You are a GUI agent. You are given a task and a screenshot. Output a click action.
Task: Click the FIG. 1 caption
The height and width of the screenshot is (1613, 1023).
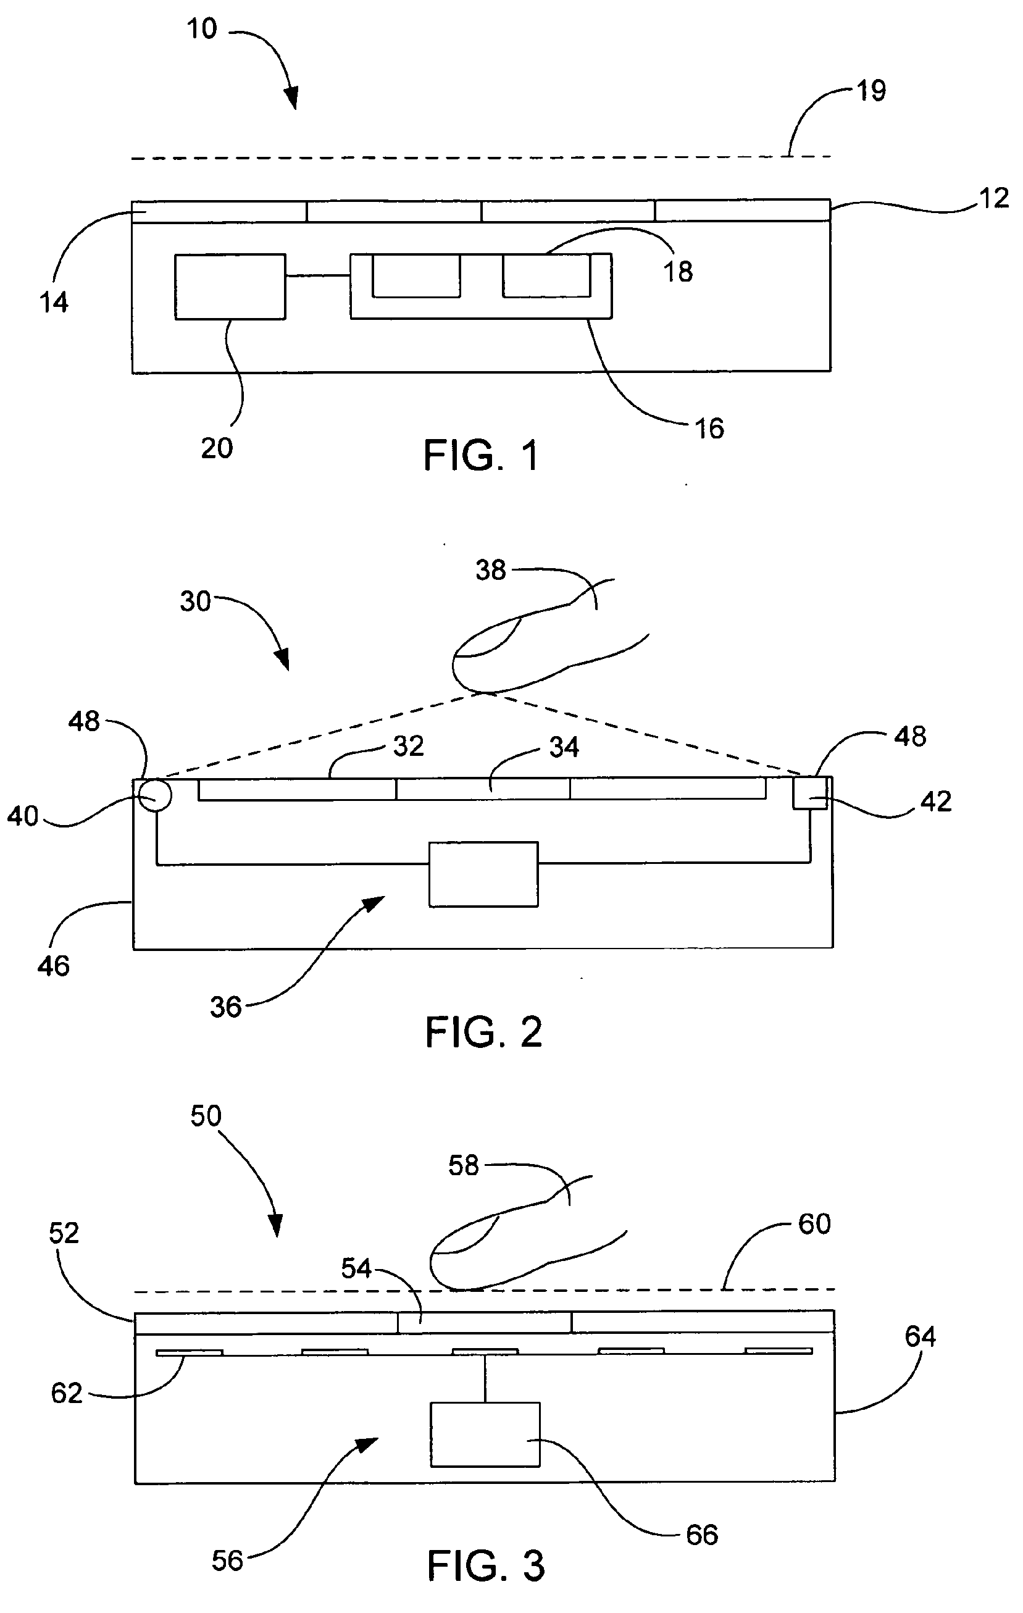tap(482, 456)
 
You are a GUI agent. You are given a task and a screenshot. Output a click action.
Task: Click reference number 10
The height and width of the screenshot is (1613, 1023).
tap(201, 29)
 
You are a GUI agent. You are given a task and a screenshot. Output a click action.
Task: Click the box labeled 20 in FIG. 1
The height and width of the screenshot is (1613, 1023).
tap(230, 287)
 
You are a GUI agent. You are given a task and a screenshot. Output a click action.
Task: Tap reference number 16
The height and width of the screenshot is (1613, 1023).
tap(709, 429)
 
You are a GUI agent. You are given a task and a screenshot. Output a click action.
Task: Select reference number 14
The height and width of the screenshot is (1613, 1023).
tap(54, 303)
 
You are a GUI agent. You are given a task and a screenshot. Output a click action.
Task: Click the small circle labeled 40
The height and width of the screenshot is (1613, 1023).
tap(156, 796)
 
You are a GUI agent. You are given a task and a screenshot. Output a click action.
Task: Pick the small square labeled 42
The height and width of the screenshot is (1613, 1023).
tap(810, 793)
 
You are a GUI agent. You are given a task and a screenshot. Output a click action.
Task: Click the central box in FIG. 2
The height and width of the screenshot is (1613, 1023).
tap(483, 874)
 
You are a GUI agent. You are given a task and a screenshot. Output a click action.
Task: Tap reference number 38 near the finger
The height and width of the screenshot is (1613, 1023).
tap(491, 570)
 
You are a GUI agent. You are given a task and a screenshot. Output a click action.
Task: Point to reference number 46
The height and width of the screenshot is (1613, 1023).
tap(54, 966)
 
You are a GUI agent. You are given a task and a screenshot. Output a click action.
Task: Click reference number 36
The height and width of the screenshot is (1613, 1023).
tap(225, 1007)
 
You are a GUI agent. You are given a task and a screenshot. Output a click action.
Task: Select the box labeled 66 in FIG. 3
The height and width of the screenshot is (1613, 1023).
tap(485, 1435)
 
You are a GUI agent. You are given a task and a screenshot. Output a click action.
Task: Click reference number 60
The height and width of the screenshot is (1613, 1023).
tap(814, 1224)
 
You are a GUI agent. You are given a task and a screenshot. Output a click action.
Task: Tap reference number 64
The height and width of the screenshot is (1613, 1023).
tap(920, 1336)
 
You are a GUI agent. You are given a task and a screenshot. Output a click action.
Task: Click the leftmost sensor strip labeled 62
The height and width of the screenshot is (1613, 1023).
tap(190, 1352)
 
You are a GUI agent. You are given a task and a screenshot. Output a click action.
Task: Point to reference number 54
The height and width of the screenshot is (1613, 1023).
tap(356, 1268)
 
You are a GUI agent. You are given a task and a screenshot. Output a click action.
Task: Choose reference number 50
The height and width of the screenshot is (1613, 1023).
tap(206, 1116)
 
